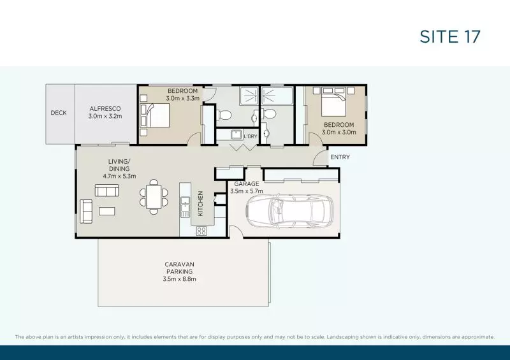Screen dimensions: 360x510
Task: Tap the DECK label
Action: (59, 113)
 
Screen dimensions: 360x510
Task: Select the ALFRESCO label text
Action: (105, 109)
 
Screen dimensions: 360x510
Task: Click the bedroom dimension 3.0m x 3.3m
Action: (183, 99)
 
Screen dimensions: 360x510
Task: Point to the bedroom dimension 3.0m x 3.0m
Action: (339, 132)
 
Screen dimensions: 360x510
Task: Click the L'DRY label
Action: (251, 136)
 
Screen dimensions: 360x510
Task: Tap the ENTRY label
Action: (339, 157)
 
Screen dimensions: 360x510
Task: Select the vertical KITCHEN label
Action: (200, 203)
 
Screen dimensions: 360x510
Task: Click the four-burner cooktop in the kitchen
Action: (201, 230)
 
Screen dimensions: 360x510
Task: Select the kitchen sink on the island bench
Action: (186, 205)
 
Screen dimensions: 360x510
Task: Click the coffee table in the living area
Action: (106, 211)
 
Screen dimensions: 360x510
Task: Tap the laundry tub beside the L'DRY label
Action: (234, 134)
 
